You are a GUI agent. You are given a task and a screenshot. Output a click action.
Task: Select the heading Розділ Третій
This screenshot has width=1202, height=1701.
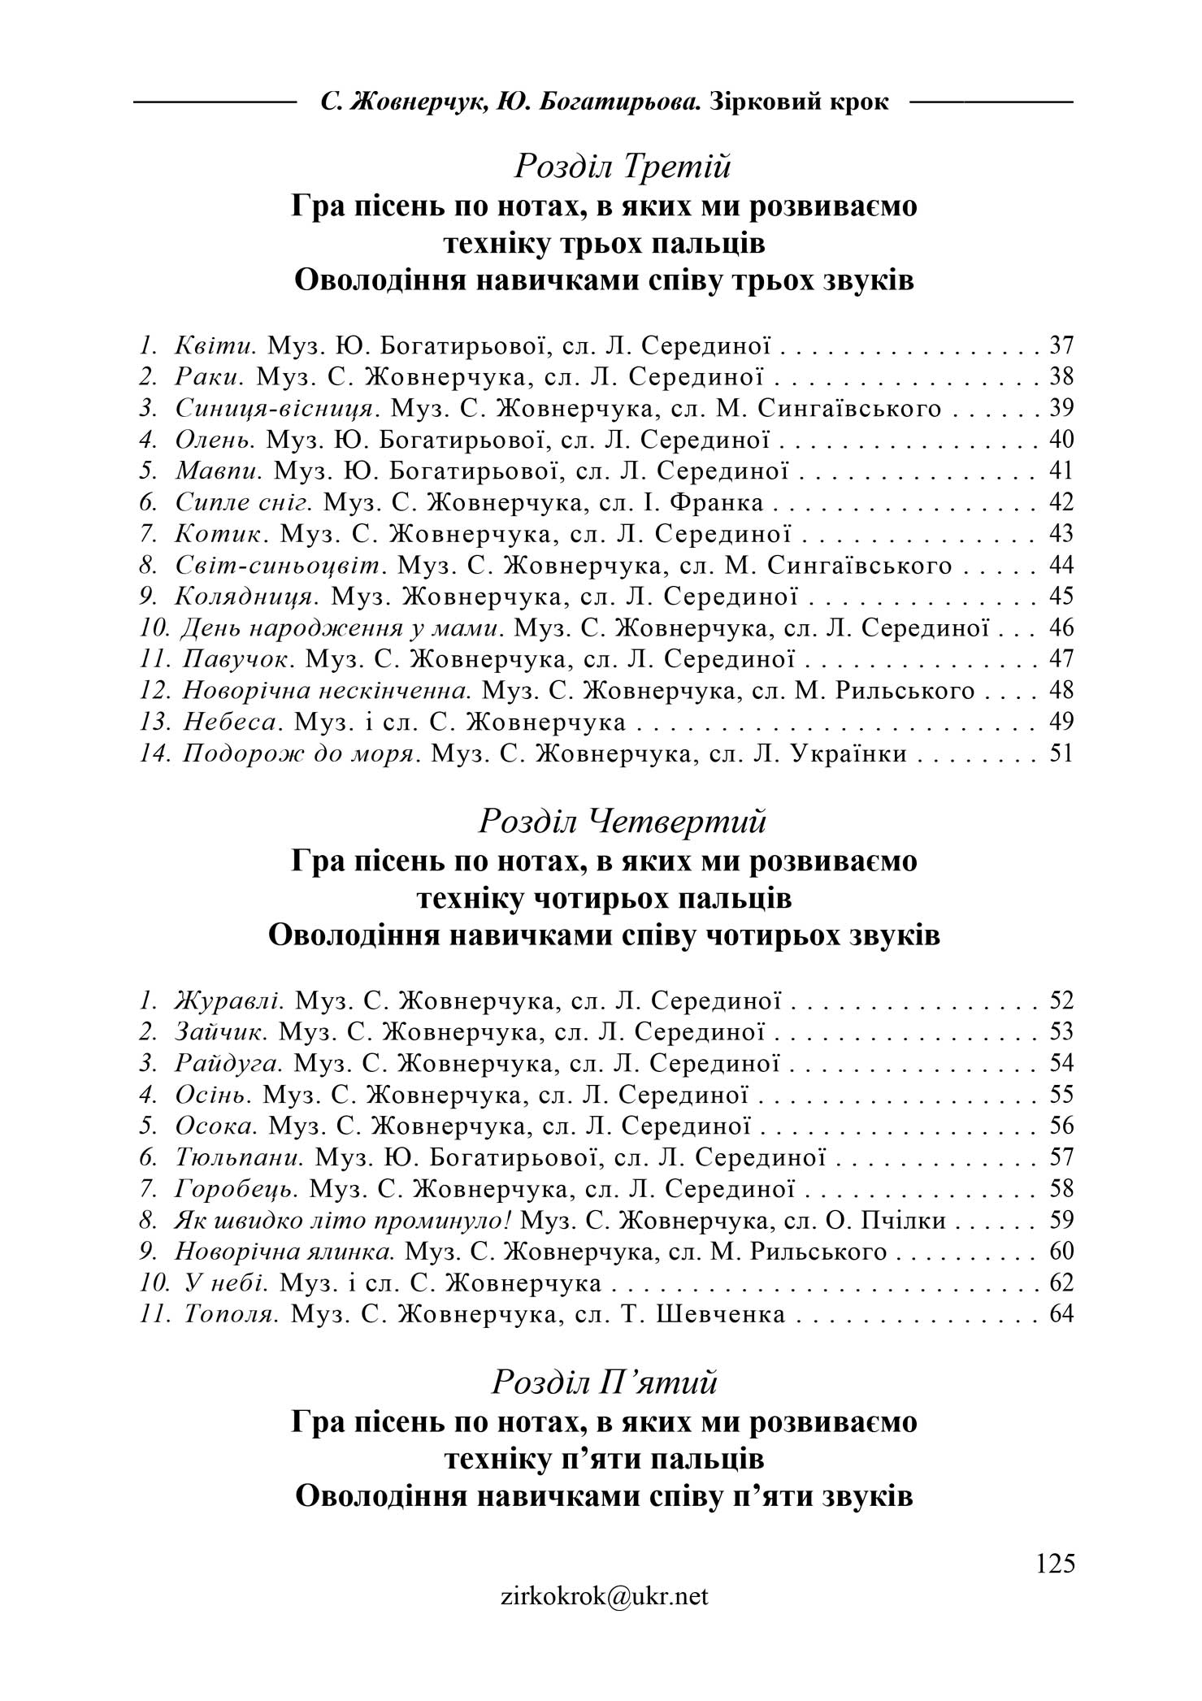click(623, 167)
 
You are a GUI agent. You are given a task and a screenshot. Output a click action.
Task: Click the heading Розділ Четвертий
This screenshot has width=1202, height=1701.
click(623, 822)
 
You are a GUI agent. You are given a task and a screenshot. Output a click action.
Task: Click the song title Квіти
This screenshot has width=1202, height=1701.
click(215, 345)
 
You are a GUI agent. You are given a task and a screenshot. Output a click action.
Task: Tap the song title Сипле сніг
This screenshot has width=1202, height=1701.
click(245, 503)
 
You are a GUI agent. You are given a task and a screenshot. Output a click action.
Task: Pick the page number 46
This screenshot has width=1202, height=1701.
click(1061, 628)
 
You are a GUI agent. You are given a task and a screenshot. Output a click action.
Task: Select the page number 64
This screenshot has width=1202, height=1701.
click(1061, 1314)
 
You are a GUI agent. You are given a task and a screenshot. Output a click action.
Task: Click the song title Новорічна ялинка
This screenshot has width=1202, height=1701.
click(285, 1251)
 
